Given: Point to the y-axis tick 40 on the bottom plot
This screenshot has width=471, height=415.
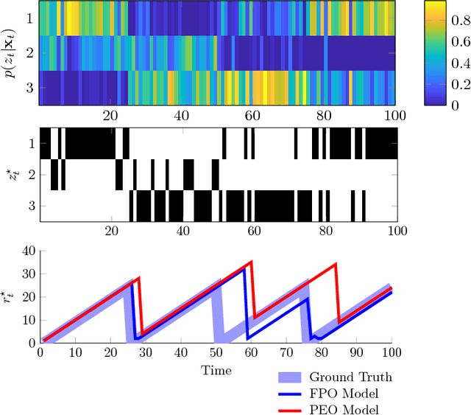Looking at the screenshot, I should coord(26,251).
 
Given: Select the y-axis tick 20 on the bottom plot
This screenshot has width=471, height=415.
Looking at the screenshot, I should coord(26,296).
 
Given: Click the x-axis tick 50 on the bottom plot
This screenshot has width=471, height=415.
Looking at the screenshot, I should coord(216,353).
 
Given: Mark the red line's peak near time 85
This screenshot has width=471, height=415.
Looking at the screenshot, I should coord(336,264).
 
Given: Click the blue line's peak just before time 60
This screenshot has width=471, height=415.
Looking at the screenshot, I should coord(245,269).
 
